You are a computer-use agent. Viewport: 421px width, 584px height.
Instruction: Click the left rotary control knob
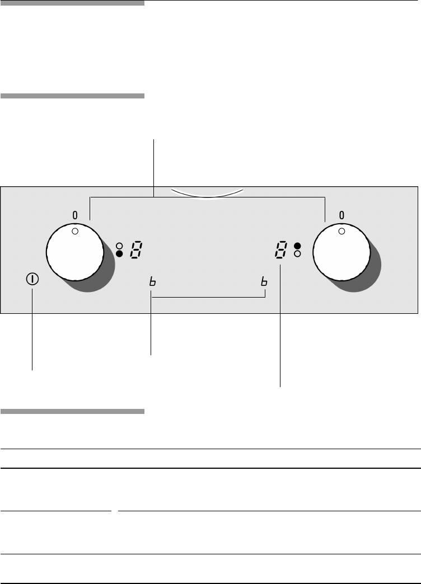75,252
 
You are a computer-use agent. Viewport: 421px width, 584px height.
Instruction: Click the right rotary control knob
342,252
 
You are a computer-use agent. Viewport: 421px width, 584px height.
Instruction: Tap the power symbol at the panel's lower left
32,279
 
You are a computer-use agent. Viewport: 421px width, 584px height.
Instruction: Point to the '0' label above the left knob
75,215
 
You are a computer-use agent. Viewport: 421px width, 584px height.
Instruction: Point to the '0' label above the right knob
342,215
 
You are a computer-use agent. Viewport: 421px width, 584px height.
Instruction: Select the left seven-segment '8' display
136,249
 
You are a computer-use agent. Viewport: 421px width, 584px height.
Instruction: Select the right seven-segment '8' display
281,249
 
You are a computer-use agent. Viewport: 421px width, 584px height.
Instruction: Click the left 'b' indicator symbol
152,281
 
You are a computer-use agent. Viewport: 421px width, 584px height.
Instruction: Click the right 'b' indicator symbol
264,281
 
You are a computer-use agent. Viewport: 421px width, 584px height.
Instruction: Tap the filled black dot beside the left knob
119,253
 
